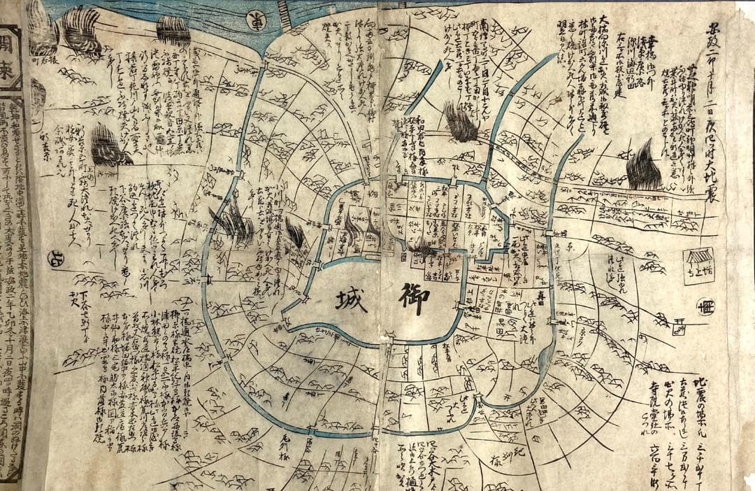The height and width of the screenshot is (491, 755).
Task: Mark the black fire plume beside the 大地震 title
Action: (643, 167)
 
